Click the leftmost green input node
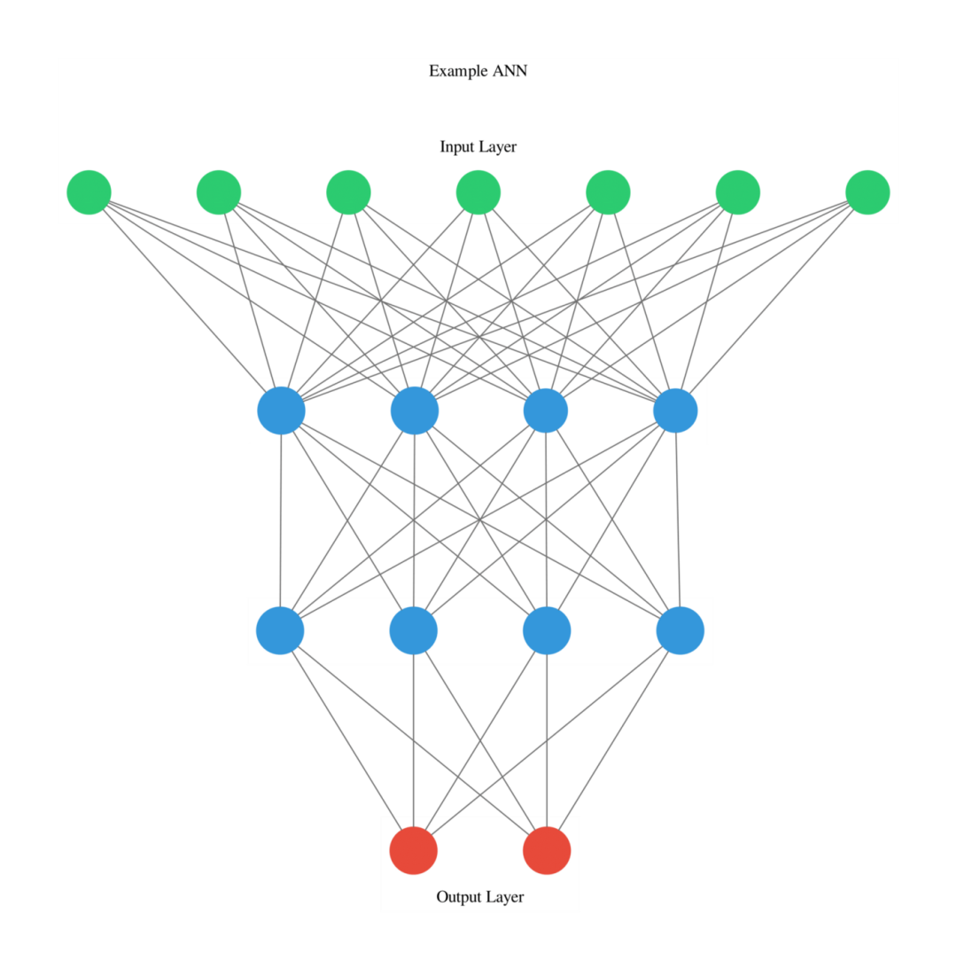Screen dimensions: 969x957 tap(89, 192)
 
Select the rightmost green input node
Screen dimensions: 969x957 tap(868, 192)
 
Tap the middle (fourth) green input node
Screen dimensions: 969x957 tap(478, 192)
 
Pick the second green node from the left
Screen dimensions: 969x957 tap(219, 192)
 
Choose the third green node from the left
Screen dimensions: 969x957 tap(348, 192)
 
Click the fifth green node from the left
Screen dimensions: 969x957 tap(608, 192)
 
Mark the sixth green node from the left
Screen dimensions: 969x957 tap(738, 192)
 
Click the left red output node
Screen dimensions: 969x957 tap(414, 850)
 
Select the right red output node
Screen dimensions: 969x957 tap(547, 850)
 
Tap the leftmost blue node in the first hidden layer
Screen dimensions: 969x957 tap(282, 410)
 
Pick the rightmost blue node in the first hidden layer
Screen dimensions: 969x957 tap(675, 410)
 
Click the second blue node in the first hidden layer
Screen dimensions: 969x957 tap(415, 410)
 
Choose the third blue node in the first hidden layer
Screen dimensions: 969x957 tap(546, 410)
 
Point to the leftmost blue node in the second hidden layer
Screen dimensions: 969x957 tap(280, 630)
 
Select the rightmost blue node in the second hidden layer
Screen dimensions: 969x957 tap(681, 630)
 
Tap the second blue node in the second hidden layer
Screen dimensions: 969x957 tap(414, 630)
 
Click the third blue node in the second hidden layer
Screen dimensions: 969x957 tap(547, 630)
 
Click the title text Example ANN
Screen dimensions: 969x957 tap(478, 71)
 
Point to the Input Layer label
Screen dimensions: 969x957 tap(478, 147)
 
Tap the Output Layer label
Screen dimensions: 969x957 tap(480, 897)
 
